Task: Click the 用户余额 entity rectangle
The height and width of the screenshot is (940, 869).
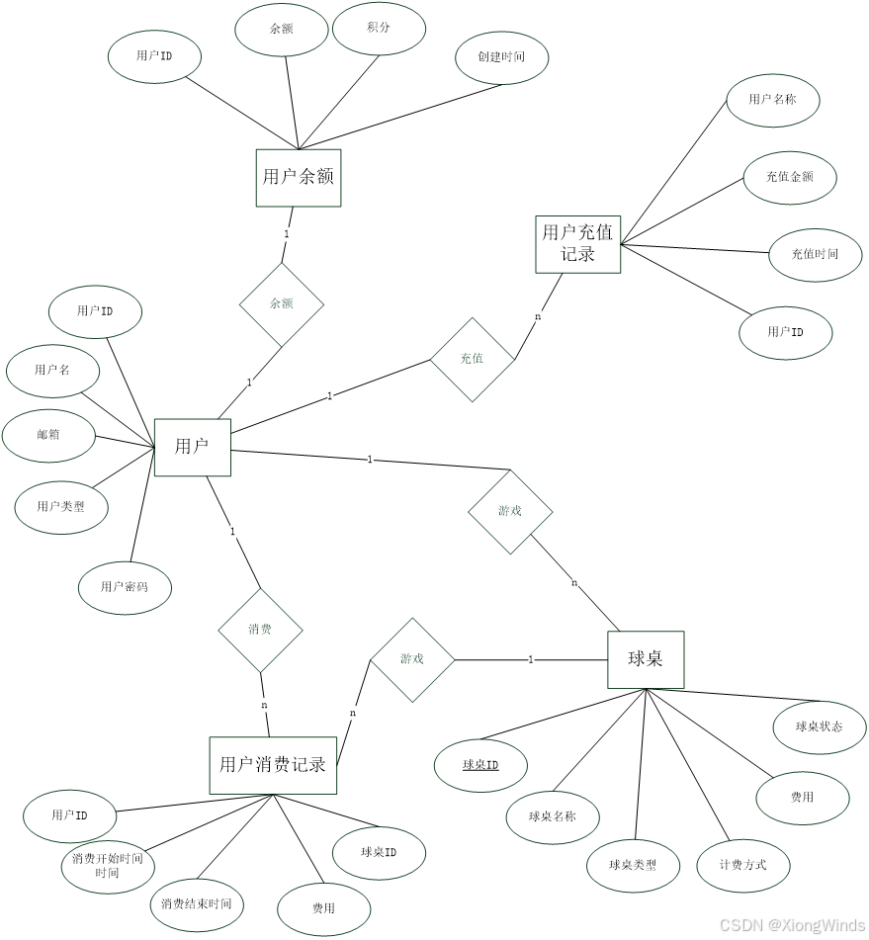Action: (x=298, y=178)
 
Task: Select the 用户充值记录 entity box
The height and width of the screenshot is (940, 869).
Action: (x=578, y=244)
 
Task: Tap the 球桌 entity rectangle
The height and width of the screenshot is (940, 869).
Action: (x=645, y=659)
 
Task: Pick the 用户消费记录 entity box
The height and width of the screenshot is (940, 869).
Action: (x=273, y=765)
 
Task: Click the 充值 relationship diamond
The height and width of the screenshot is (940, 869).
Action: (x=472, y=359)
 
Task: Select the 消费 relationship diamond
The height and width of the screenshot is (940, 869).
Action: (x=260, y=630)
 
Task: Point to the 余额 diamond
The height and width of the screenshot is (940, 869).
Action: (x=282, y=304)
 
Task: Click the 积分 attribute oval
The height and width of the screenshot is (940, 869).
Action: (x=379, y=29)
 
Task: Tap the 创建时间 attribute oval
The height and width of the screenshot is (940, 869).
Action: (x=501, y=57)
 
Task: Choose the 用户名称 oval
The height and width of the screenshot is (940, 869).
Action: (x=772, y=100)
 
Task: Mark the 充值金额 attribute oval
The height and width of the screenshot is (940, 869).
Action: (x=790, y=178)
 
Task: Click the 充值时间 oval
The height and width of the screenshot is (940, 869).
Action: (x=815, y=255)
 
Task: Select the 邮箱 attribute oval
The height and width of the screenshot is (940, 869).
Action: (x=48, y=435)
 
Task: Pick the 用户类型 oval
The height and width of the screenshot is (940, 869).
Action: (x=60, y=508)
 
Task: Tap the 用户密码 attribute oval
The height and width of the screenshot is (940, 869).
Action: (x=125, y=587)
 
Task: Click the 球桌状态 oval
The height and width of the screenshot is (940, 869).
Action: (x=819, y=727)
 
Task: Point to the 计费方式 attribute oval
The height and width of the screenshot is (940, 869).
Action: (x=743, y=865)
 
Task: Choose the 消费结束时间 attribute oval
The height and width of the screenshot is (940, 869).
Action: (x=196, y=904)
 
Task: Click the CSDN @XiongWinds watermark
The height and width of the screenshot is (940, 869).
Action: (x=790, y=924)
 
